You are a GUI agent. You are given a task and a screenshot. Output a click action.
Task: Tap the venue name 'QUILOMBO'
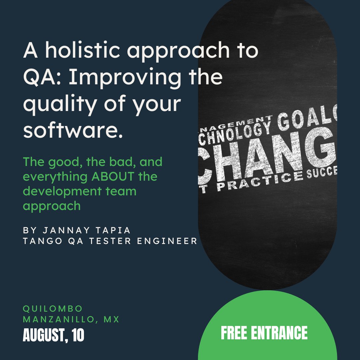point(52,309)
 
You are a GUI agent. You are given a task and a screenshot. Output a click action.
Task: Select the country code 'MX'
point(111,319)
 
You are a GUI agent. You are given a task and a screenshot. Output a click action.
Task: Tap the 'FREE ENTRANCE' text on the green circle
point(264,333)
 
